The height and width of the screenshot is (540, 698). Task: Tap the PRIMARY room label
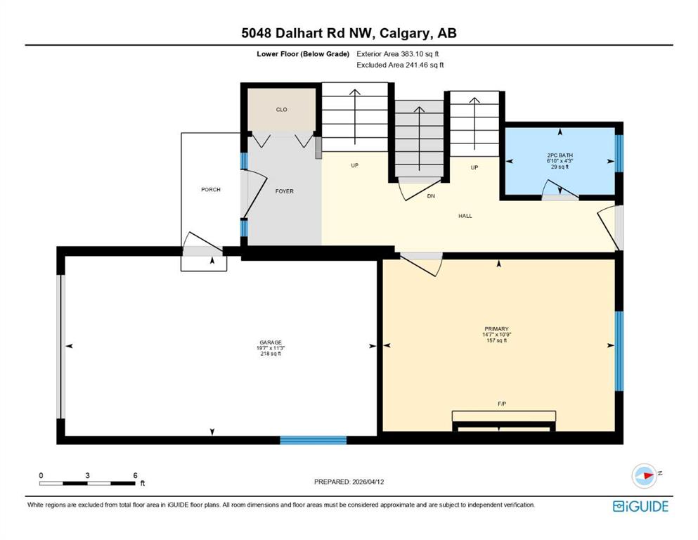pyautogui.click(x=496, y=328)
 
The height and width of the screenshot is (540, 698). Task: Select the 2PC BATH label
pyautogui.click(x=560, y=154)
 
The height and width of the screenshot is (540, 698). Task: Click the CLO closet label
pyautogui.click(x=281, y=110)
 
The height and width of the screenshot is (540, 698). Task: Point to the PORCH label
pyautogui.click(x=210, y=190)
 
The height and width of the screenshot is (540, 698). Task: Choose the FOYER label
pyautogui.click(x=285, y=191)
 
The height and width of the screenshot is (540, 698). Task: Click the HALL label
pyautogui.click(x=465, y=216)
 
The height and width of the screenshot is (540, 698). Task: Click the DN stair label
pyautogui.click(x=431, y=196)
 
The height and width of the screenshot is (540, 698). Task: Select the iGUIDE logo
pyautogui.click(x=640, y=506)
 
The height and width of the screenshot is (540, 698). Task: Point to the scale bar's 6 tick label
pyautogui.click(x=134, y=475)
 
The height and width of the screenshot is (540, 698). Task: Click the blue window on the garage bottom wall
pyautogui.click(x=313, y=440)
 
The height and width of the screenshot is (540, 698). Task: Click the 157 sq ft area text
pyautogui.click(x=496, y=340)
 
